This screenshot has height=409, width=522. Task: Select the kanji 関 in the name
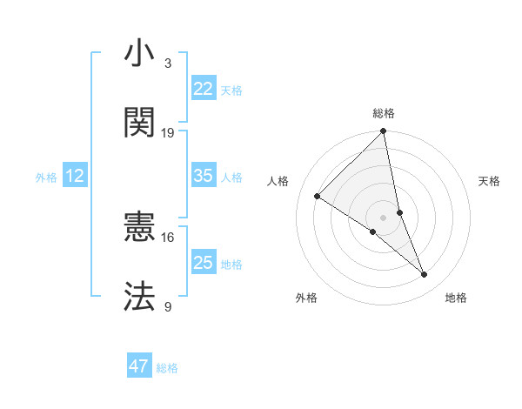[x=140, y=123]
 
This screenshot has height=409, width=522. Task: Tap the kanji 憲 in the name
[x=140, y=229]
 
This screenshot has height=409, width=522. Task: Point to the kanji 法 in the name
[x=140, y=296]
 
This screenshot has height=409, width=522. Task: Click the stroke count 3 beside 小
[x=168, y=64]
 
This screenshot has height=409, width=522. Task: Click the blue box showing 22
[x=204, y=89]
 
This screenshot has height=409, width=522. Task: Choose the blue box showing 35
[x=204, y=176]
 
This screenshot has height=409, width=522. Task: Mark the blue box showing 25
[x=204, y=263]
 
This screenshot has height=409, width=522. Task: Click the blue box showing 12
[x=75, y=176]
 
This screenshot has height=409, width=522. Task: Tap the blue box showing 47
[x=139, y=366]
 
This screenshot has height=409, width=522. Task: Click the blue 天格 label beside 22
[x=231, y=91]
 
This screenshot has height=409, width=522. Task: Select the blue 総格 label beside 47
[x=167, y=368]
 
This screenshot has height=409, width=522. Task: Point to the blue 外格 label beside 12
[x=46, y=178]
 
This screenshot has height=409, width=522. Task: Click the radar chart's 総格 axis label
[x=384, y=114]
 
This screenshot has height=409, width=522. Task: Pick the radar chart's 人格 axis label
[x=278, y=181]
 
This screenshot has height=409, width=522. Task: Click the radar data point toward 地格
[x=425, y=275]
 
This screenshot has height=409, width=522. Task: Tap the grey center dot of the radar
[x=383, y=216]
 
